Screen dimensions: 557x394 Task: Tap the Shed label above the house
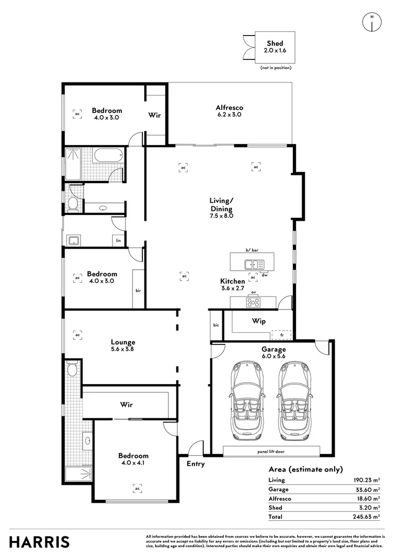click(x=274, y=44)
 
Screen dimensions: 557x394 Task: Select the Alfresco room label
click(x=229, y=108)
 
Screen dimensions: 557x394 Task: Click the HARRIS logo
click(x=39, y=542)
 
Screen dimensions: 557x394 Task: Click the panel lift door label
click(x=271, y=452)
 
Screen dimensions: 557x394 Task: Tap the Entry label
click(x=195, y=464)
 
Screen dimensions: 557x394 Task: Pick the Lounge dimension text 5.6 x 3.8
click(x=123, y=349)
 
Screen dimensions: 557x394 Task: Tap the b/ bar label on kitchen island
click(x=252, y=250)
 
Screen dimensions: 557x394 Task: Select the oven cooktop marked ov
click(x=254, y=301)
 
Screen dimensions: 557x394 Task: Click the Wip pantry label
click(x=258, y=321)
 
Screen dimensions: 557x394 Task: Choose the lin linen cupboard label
click(x=118, y=240)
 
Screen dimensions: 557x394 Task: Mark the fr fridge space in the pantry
click(x=282, y=334)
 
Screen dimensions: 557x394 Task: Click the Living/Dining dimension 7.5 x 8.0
click(x=221, y=216)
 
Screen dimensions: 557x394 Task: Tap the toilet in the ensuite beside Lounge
click(x=72, y=369)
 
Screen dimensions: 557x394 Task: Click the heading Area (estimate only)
click(x=305, y=469)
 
